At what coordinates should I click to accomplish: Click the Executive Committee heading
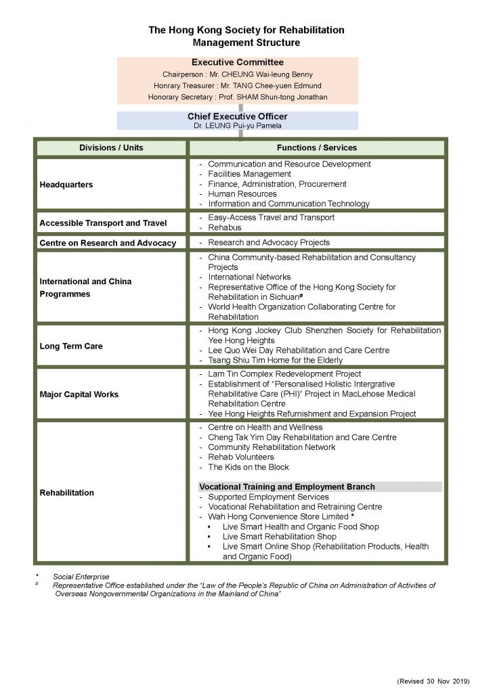[237, 62]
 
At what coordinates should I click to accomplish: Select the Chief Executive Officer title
[237, 116]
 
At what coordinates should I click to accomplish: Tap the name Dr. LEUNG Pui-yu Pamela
[237, 125]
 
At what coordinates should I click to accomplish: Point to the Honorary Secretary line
[237, 97]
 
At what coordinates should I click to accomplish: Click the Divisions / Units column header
[111, 148]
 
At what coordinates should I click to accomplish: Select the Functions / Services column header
[316, 148]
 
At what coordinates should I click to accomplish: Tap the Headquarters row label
[66, 184]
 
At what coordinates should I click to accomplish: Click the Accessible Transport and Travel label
[103, 223]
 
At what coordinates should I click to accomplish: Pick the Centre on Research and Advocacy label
[108, 243]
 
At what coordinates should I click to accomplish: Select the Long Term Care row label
[72, 346]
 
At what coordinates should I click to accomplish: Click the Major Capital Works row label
[79, 394]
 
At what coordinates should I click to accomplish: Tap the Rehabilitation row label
[66, 493]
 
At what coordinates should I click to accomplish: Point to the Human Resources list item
[242, 194]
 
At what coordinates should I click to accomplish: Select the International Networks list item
[249, 277]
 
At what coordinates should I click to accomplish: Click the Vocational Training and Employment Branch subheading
[286, 487]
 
